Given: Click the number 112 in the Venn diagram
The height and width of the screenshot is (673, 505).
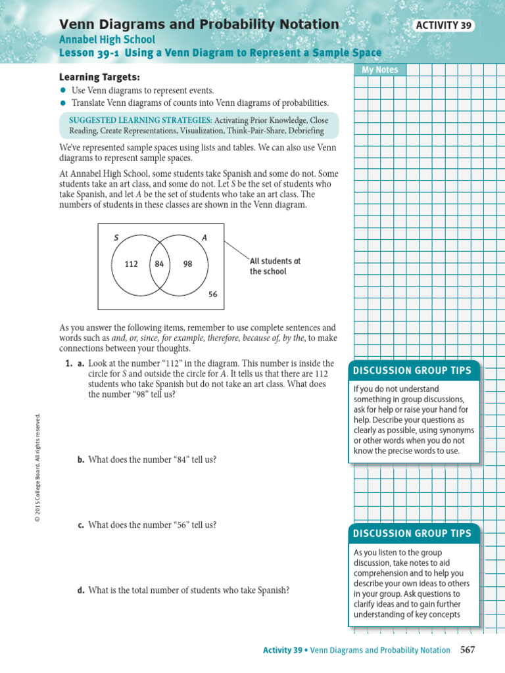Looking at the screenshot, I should click(x=131, y=264).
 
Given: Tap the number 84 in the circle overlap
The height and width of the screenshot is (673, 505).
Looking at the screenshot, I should click(x=159, y=264).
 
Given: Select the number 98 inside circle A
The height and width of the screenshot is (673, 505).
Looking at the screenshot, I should click(x=188, y=264).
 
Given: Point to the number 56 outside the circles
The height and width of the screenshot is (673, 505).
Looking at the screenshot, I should click(x=212, y=295).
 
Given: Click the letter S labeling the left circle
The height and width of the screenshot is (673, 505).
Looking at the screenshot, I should click(x=116, y=238).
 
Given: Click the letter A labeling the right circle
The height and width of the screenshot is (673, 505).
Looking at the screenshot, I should click(x=204, y=238).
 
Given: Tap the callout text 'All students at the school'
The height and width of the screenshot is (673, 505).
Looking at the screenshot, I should click(x=275, y=266).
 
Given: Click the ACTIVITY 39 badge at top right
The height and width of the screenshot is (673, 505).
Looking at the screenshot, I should click(x=445, y=26).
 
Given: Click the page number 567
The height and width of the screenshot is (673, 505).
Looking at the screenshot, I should click(x=468, y=650).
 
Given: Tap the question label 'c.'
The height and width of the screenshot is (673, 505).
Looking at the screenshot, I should click(x=82, y=525).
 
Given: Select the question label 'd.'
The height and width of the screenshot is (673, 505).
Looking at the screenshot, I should click(x=82, y=590).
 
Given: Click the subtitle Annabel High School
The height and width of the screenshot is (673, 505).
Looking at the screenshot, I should click(x=107, y=39).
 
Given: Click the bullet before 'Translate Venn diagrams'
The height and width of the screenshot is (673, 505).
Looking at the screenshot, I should click(x=63, y=103).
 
